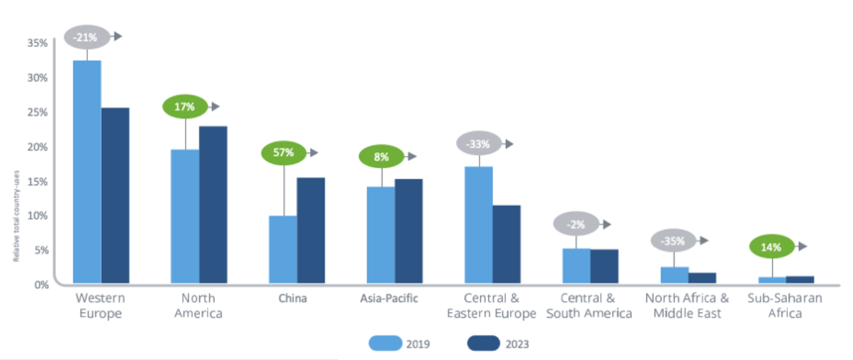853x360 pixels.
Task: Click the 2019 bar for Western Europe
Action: pyautogui.click(x=87, y=172)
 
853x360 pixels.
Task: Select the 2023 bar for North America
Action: pyautogui.click(x=212, y=205)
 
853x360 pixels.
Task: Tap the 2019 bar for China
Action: pyautogui.click(x=282, y=250)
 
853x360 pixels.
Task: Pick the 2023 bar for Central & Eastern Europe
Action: pyautogui.click(x=506, y=244)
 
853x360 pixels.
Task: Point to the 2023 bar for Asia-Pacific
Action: pyautogui.click(x=408, y=231)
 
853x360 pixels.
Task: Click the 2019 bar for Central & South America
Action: pyautogui.click(x=576, y=266)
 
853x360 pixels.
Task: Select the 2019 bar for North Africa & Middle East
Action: pyautogui.click(x=674, y=275)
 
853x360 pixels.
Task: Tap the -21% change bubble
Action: pyautogui.click(x=85, y=37)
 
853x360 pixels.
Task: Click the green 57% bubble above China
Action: pyautogui.click(x=283, y=153)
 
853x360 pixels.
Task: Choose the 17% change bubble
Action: pyautogui.click(x=185, y=107)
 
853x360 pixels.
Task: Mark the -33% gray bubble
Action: pyautogui.click(x=479, y=144)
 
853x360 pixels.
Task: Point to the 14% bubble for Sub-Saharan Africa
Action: pyautogui.click(x=771, y=246)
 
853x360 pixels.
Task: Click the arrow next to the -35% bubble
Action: pyautogui.click(x=703, y=241)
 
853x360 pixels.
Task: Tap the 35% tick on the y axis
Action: pyautogui.click(x=38, y=43)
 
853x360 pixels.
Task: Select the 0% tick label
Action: pyautogui.click(x=40, y=284)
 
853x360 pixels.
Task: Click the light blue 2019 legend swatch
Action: pyautogui.click(x=384, y=344)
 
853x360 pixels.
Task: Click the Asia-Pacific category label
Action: pyautogui.click(x=390, y=298)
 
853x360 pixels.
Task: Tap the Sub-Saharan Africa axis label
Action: pyautogui.click(x=784, y=305)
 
